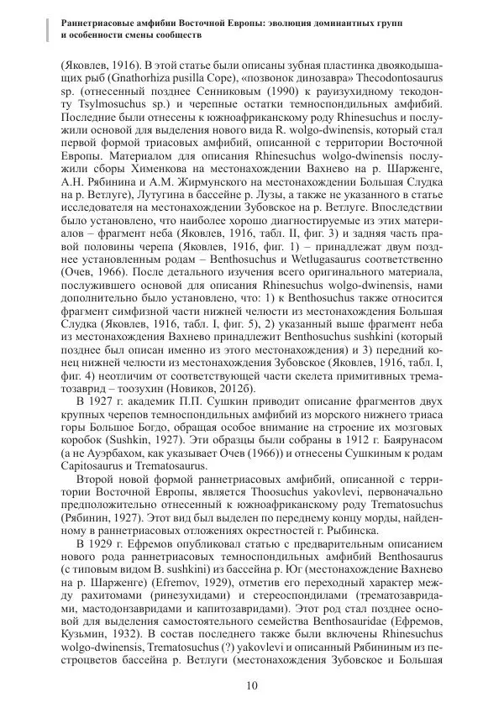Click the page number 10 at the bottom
pyautogui.click(x=252, y=685)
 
